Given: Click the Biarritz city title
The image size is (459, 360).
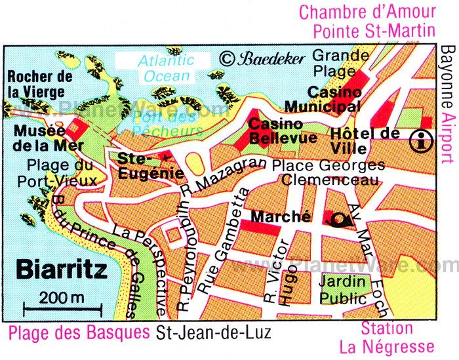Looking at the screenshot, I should click(x=56, y=270).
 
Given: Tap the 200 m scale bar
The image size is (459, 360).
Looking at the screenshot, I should click(x=62, y=306).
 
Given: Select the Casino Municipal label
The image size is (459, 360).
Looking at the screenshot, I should click(x=334, y=99).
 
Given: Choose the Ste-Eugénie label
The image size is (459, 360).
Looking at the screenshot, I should click(x=142, y=165).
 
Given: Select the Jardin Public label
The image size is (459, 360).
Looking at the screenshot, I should click(x=343, y=290).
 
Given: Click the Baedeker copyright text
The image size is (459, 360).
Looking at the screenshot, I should click(x=262, y=58).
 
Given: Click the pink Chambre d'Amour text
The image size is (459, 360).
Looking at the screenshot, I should click(x=367, y=11).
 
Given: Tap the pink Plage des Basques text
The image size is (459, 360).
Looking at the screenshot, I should click(x=79, y=332).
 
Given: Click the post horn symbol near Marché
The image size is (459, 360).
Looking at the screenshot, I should click(x=342, y=219).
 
